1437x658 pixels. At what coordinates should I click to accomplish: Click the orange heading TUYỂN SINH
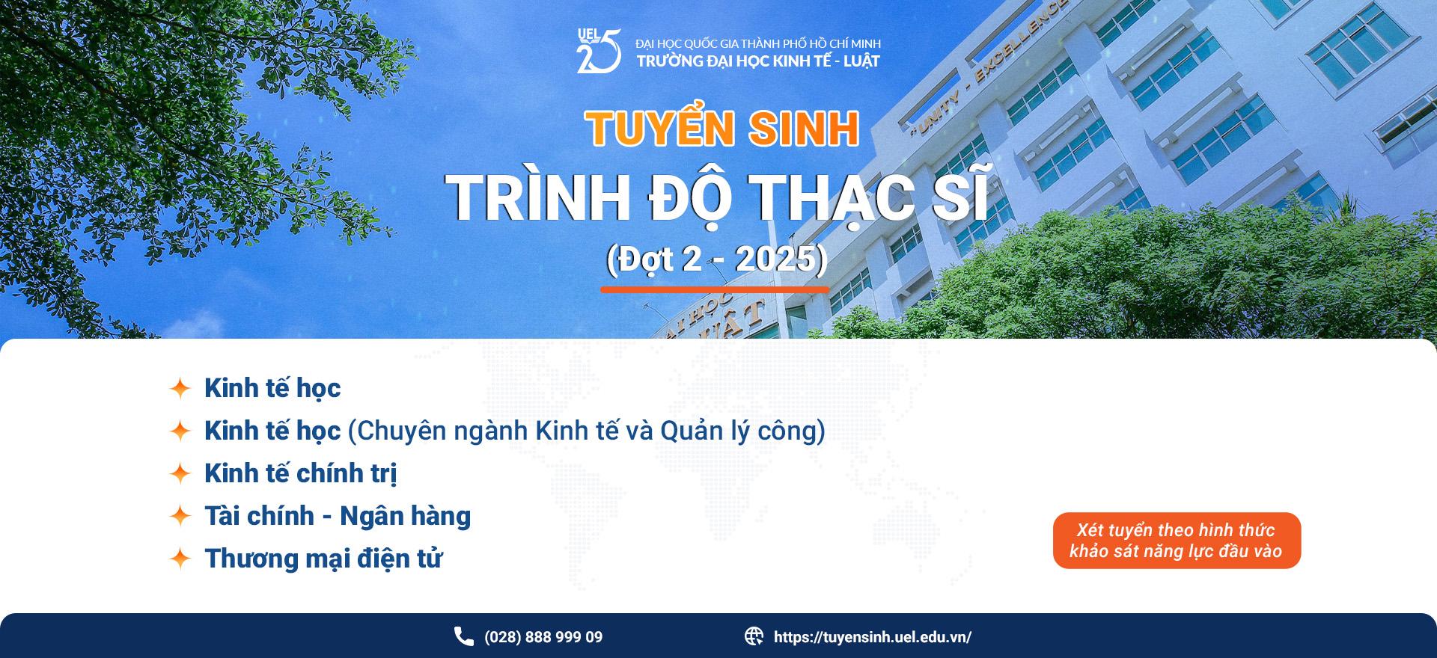point(722,129)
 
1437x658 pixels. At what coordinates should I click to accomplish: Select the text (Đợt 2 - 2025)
point(716,259)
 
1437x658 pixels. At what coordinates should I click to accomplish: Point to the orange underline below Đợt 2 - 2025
point(715,289)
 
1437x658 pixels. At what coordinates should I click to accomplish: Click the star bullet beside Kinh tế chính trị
point(180,473)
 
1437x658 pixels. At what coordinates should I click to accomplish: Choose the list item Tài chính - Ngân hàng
point(338,516)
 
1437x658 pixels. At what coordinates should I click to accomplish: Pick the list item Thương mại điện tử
point(323,559)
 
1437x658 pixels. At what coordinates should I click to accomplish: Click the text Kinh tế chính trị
point(300,473)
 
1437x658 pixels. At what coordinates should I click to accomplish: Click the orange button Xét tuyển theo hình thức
point(1177,541)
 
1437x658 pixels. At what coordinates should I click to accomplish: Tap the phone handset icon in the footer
point(464,636)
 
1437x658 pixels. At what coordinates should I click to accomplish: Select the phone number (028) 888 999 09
point(543,638)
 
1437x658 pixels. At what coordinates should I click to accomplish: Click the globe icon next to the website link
point(754,636)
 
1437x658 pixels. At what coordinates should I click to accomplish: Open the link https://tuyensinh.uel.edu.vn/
point(873,638)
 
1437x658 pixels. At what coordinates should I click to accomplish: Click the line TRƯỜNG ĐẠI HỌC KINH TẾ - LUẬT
point(758,61)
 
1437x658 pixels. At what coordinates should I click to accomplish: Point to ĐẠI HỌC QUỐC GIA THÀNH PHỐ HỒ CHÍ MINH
point(758,43)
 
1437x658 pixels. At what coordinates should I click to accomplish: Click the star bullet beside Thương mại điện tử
point(180,559)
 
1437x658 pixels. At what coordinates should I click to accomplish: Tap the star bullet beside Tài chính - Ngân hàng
point(180,516)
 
